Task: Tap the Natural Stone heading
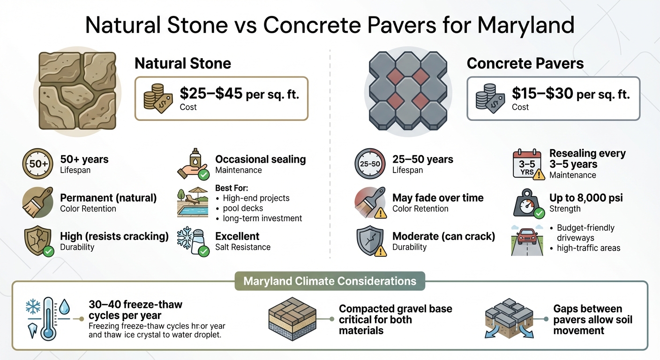[183, 63]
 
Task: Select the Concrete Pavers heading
[525, 63]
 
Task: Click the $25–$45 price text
[211, 94]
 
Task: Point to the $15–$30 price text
[542, 94]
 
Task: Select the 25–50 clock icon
[369, 164]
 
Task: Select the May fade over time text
[438, 198]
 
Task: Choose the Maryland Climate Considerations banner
[330, 281]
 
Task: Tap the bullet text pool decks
[243, 208]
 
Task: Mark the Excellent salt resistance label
[237, 236]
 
